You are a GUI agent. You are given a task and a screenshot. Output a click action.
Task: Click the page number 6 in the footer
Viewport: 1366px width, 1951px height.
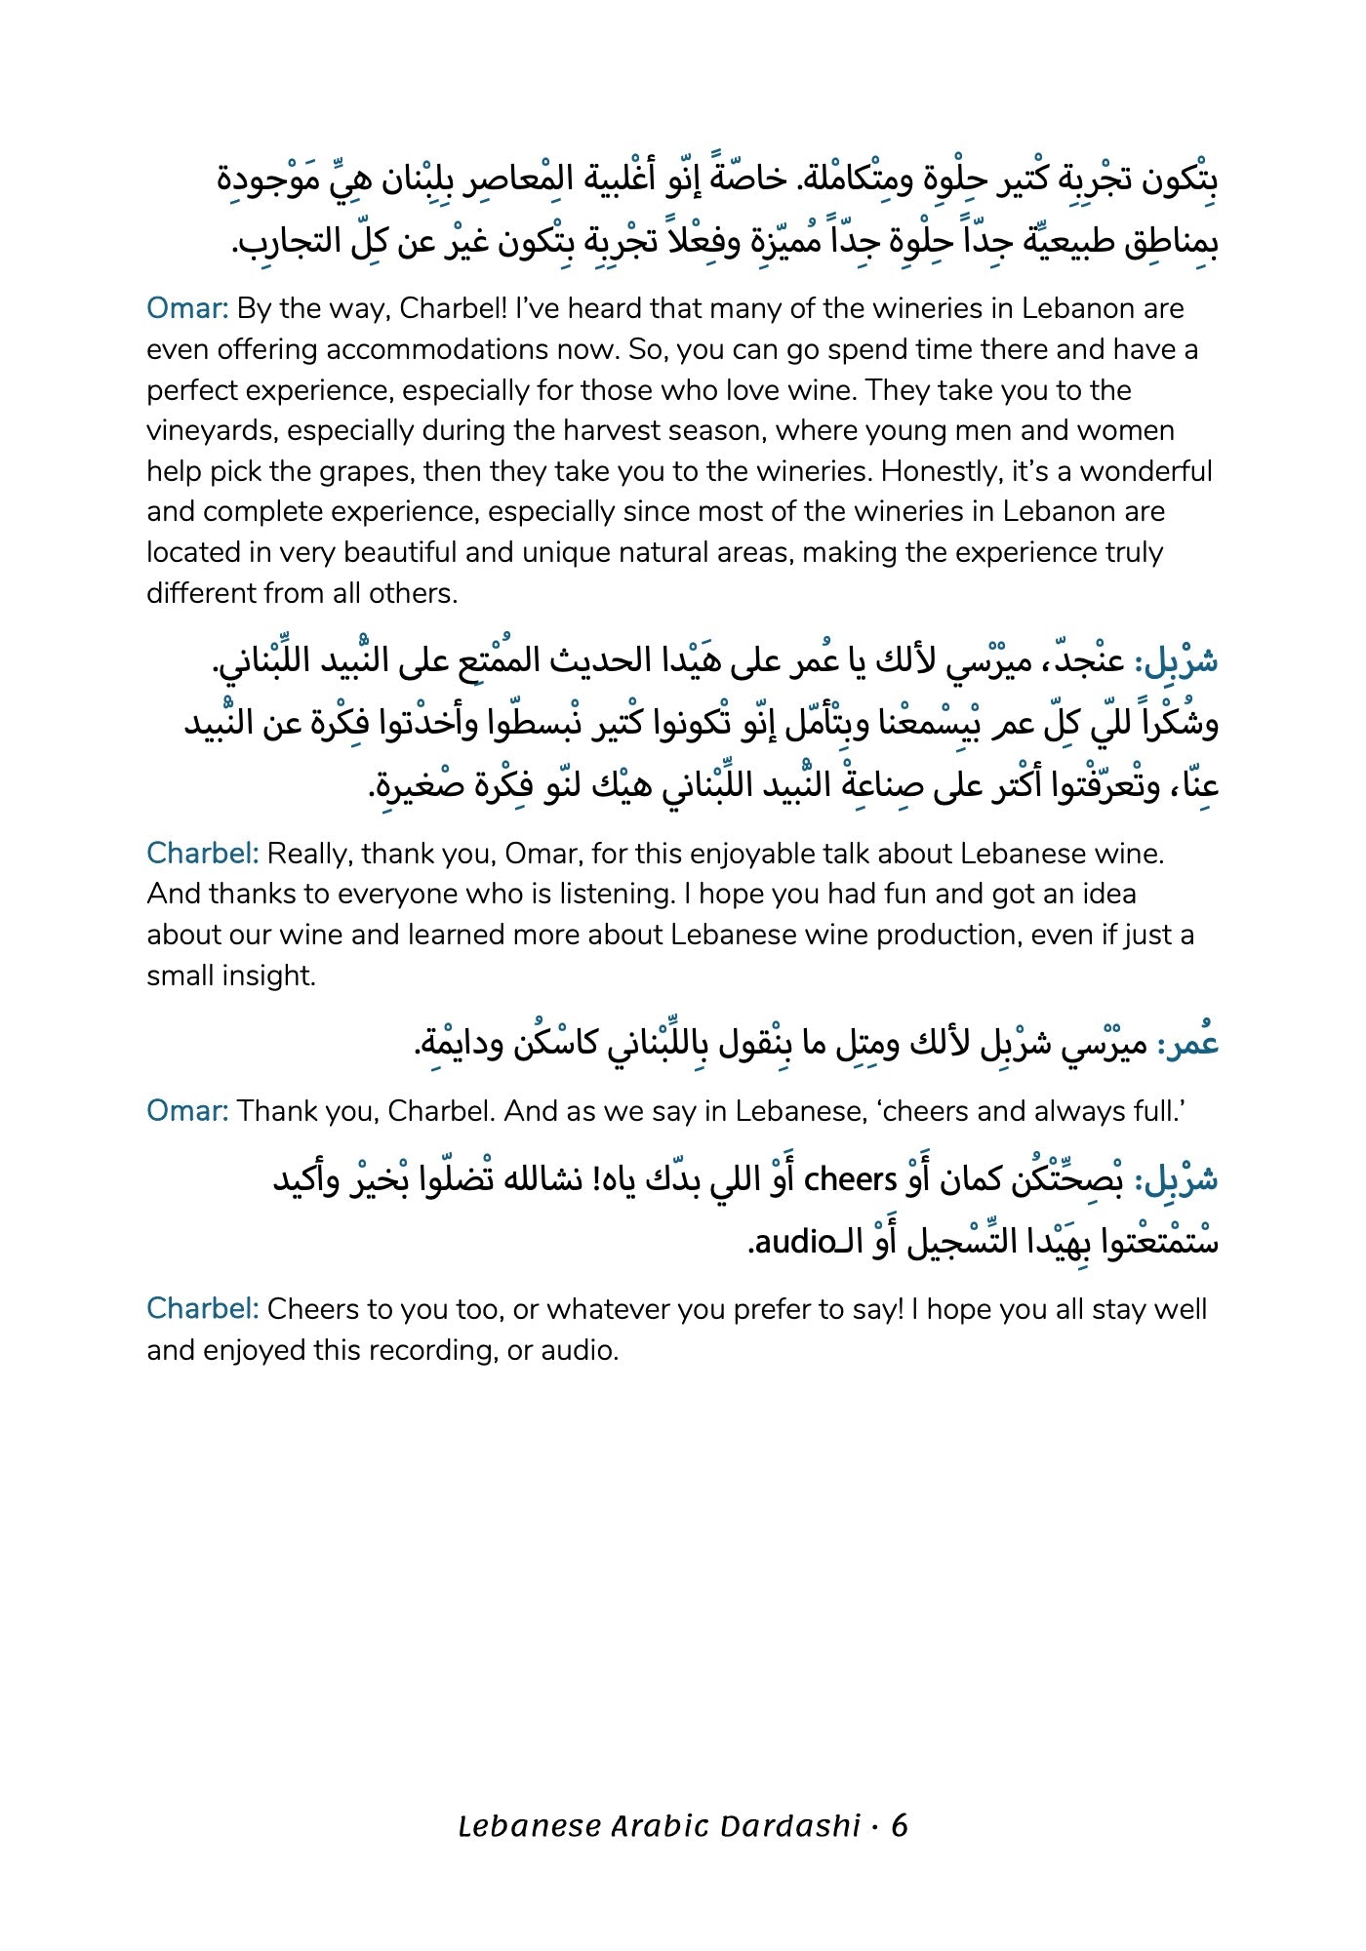point(900,1825)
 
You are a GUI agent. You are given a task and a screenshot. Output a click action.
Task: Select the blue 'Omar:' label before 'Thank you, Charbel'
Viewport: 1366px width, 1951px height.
point(187,1111)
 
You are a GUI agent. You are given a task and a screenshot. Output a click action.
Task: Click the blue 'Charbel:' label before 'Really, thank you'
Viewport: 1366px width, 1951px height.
point(202,854)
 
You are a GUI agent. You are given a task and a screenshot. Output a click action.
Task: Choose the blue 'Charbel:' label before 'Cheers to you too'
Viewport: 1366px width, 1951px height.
point(202,1309)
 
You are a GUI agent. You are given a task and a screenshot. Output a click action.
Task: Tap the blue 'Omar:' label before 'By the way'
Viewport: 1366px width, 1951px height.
point(187,308)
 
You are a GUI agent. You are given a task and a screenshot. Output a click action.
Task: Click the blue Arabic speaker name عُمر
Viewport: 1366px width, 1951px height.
point(1192,1045)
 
